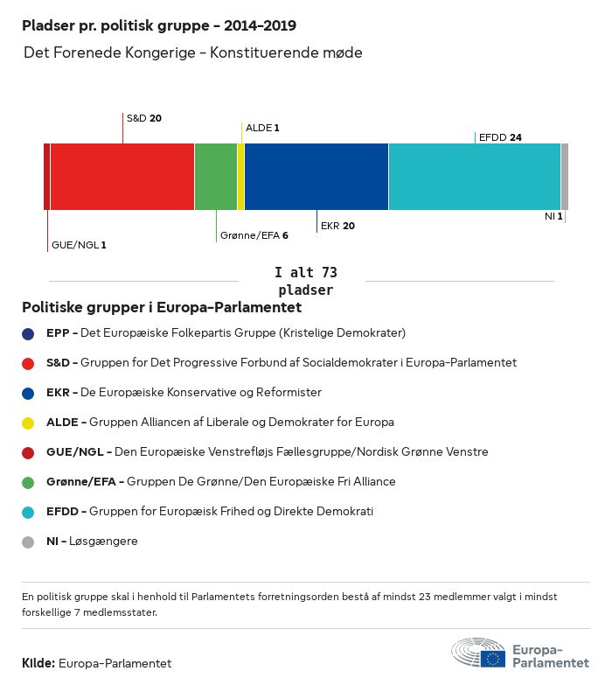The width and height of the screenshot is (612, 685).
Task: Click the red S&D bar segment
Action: (x=122, y=177)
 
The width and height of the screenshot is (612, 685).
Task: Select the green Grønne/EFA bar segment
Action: (x=215, y=177)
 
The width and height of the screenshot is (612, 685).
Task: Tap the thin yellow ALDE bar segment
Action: (x=240, y=177)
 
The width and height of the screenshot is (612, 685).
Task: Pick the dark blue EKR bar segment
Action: (x=316, y=177)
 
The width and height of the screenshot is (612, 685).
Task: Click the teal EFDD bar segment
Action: (x=474, y=177)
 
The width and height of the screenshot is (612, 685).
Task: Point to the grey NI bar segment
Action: (x=565, y=177)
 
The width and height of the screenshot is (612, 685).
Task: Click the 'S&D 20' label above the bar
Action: (x=144, y=118)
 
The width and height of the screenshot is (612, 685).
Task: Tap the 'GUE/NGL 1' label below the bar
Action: (x=79, y=245)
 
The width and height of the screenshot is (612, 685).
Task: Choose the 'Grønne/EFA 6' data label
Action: (x=254, y=235)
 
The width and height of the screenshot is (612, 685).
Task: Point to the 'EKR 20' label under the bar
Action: (x=337, y=226)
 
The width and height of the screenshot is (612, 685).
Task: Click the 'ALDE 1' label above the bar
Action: (x=262, y=128)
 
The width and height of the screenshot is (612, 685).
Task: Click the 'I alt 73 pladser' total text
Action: (x=305, y=281)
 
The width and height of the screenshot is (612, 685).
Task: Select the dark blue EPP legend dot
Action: (x=28, y=333)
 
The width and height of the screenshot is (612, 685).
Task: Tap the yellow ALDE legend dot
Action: (x=28, y=423)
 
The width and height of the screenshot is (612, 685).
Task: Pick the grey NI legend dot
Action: (x=28, y=542)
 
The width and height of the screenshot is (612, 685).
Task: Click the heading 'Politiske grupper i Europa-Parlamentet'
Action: (x=162, y=308)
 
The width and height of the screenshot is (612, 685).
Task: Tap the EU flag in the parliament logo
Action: (x=492, y=658)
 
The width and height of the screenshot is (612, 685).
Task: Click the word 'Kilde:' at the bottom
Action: (x=38, y=663)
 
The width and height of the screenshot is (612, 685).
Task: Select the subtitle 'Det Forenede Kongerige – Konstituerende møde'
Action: (x=192, y=53)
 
